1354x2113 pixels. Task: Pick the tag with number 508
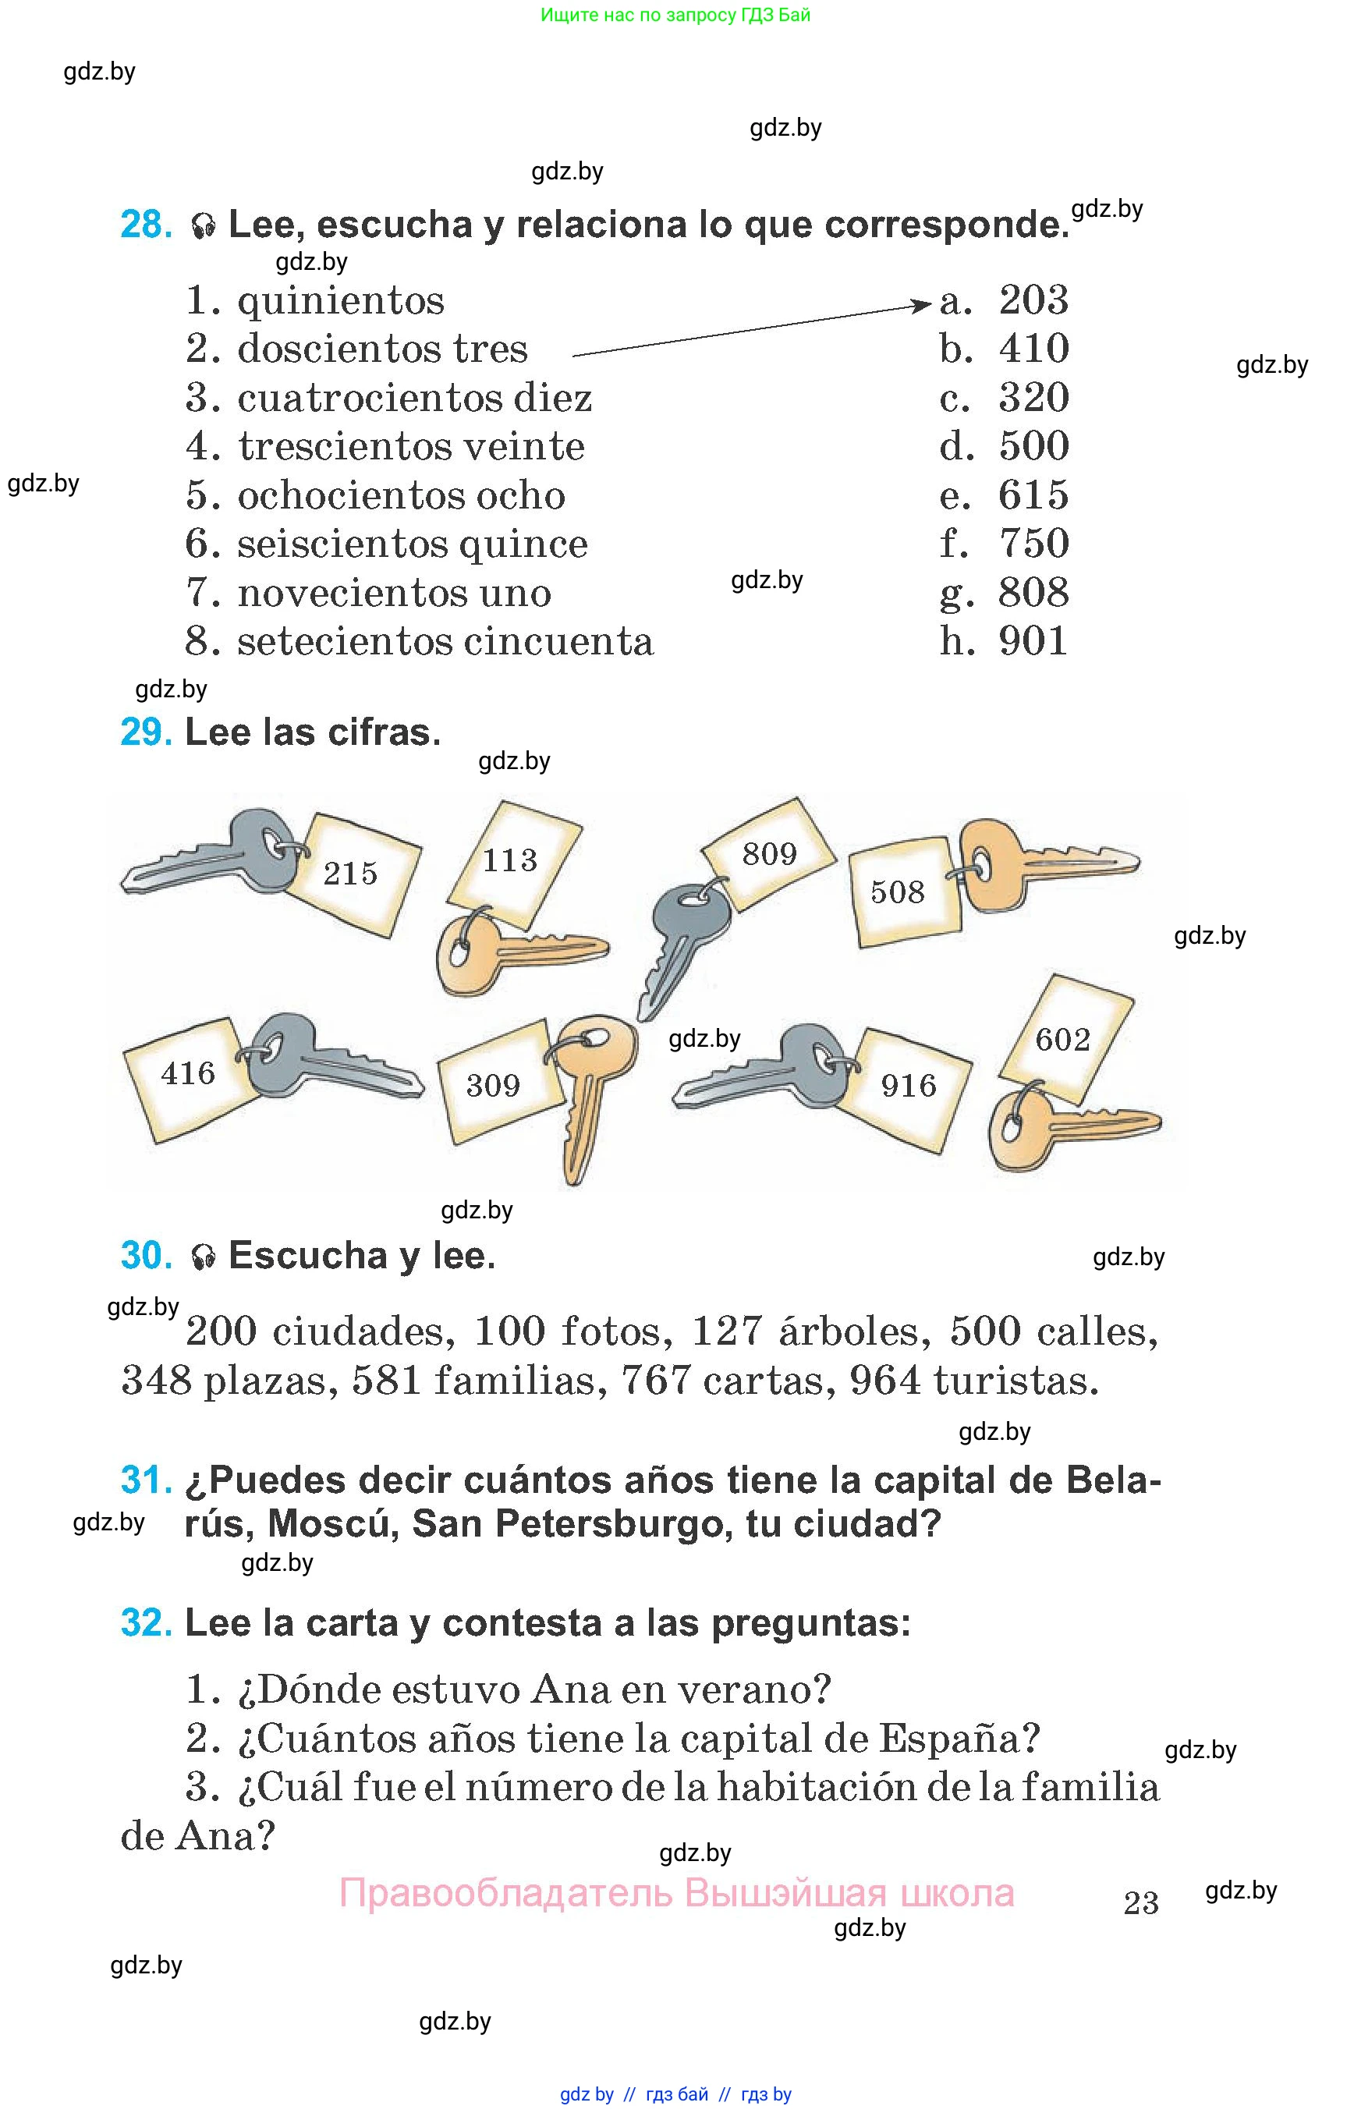898,892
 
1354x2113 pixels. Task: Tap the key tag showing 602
1063,1040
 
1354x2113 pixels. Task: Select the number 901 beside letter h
1034,641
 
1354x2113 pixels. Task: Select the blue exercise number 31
146,1480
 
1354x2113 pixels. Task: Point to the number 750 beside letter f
1034,544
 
